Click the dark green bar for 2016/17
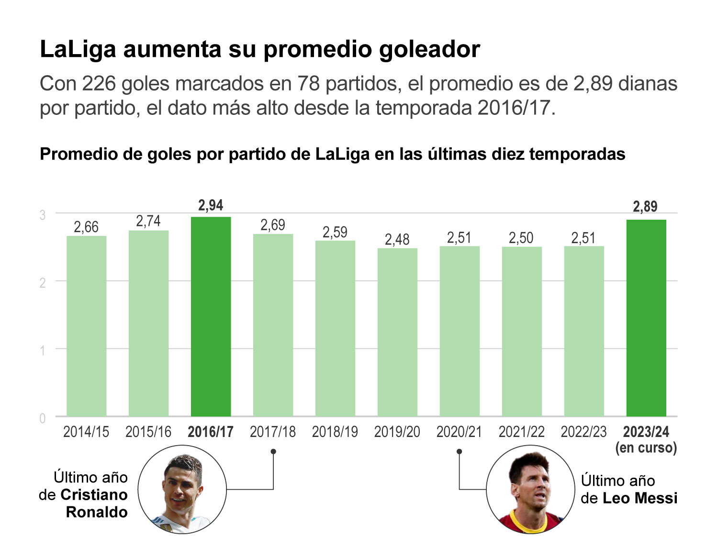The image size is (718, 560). (x=211, y=316)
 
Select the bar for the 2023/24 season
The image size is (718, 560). (x=646, y=318)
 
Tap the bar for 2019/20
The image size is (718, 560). (x=397, y=332)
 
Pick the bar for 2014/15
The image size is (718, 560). (x=87, y=326)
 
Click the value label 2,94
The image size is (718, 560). (x=211, y=206)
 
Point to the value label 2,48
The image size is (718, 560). (x=397, y=239)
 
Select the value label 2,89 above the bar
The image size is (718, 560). (x=645, y=207)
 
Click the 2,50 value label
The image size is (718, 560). (x=521, y=238)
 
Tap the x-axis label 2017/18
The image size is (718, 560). (x=273, y=432)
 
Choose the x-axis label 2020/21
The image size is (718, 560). (x=459, y=432)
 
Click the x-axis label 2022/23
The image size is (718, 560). (x=583, y=432)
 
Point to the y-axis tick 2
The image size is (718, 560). (x=43, y=283)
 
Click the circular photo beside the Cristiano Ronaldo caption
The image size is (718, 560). (x=182, y=490)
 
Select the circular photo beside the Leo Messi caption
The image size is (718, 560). (x=530, y=490)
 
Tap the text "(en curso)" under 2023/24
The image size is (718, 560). (x=646, y=448)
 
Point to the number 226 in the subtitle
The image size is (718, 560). (x=99, y=84)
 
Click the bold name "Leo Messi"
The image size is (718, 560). (x=639, y=498)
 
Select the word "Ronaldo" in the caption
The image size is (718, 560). (x=97, y=512)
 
